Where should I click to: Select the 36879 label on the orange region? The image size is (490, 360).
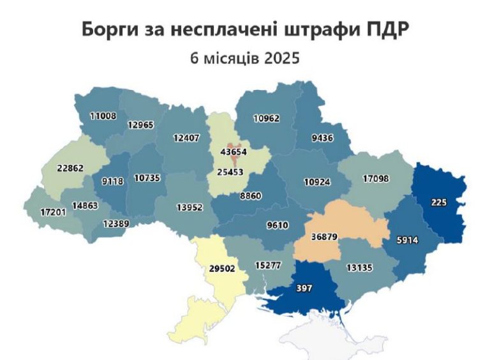[x=324, y=237]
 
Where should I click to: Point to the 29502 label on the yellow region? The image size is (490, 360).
[x=222, y=269]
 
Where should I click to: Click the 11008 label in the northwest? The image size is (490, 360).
[x=102, y=116]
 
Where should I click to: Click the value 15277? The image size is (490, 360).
[x=268, y=265]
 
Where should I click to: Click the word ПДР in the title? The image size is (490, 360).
[x=387, y=30]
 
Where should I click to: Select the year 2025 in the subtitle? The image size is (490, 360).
[x=279, y=57]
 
